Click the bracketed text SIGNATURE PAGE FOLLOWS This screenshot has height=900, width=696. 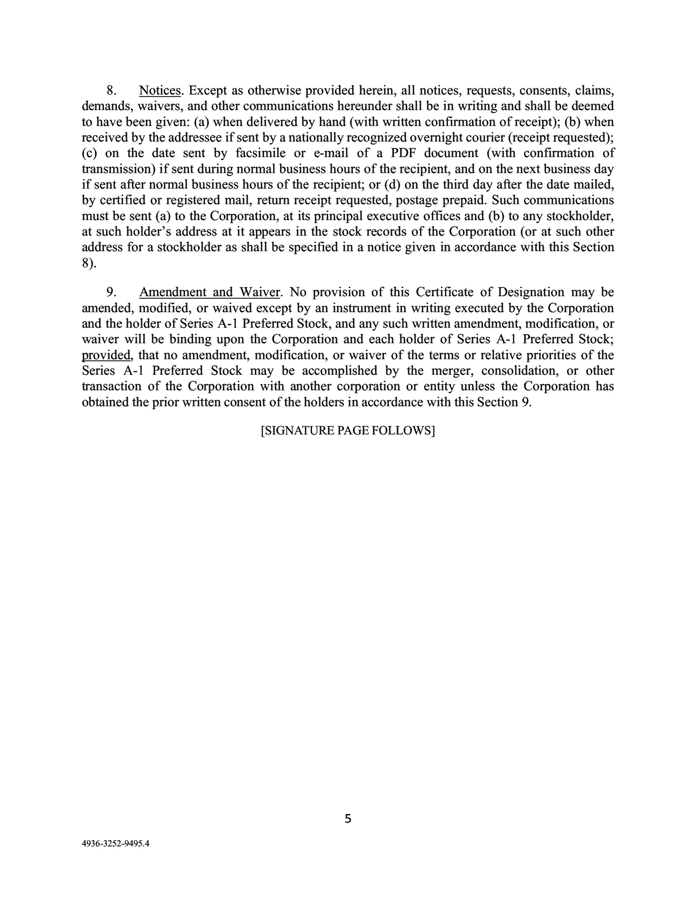[x=347, y=431]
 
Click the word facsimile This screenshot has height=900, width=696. [x=261, y=153]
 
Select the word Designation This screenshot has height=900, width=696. [x=531, y=292]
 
